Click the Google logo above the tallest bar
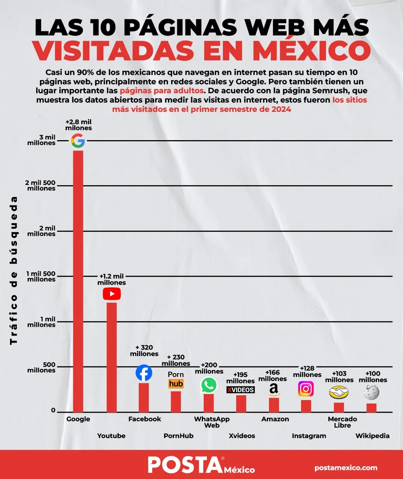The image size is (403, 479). (x=78, y=141)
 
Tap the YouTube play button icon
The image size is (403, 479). (x=112, y=294)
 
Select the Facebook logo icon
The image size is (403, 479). (x=144, y=373)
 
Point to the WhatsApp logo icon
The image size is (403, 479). (x=209, y=385)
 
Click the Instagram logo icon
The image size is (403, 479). (x=306, y=389)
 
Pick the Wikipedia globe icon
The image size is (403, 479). (x=371, y=392)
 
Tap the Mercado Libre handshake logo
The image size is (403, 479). (x=338, y=393)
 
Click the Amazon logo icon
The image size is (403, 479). (x=274, y=390)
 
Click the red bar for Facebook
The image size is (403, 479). (x=144, y=397)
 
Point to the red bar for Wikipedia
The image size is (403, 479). (x=371, y=408)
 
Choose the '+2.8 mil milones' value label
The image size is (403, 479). (x=78, y=125)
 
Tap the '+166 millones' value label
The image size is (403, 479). (x=273, y=375)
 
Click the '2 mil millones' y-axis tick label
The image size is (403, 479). (x=41, y=231)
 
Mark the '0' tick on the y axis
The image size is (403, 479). (x=53, y=410)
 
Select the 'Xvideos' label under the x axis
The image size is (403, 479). (x=242, y=436)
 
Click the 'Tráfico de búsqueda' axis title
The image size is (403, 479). (x=13, y=270)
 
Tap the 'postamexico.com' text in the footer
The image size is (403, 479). (x=346, y=467)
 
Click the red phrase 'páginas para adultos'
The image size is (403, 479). (x=162, y=91)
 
